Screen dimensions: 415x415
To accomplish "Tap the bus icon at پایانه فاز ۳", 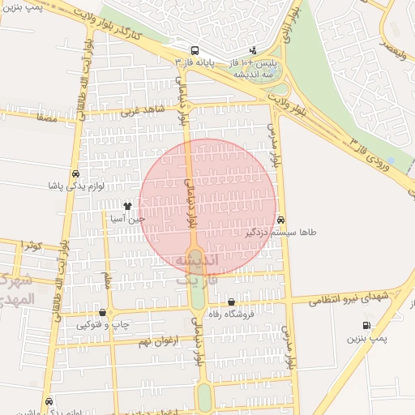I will coord(195,49).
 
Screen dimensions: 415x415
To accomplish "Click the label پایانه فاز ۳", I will coord(195,62).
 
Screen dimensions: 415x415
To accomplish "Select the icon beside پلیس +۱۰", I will coord(253,49).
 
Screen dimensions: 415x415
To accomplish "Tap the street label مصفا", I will coord(45,118).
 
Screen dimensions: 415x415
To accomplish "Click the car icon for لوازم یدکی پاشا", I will coord(75,173).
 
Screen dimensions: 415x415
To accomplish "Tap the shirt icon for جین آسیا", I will coord(127,206).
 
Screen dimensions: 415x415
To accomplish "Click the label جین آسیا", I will coord(128,218).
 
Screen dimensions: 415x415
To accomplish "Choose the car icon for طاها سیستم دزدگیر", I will coord(280,220).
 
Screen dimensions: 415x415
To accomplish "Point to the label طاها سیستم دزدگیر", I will coord(281,233).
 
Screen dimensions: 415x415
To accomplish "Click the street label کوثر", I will coord(31,245).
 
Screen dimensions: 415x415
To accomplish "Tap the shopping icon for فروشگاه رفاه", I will coord(231,302).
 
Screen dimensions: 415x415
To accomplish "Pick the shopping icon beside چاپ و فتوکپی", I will coord(102,313).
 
